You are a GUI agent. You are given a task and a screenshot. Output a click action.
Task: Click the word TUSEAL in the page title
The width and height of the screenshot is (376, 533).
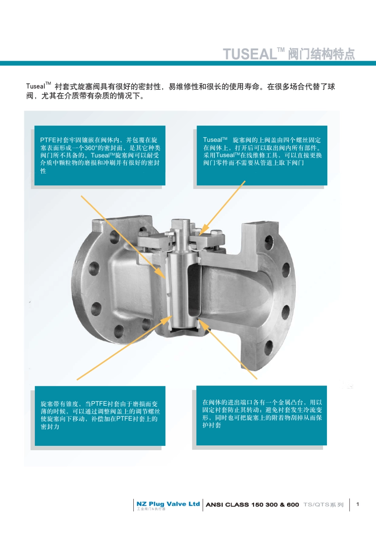pyautogui.click(x=250, y=54)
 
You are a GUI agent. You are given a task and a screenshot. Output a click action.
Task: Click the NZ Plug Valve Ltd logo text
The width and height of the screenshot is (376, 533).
pyautogui.click(x=168, y=504)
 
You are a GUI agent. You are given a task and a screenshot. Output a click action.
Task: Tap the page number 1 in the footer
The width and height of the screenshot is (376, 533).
pyautogui.click(x=357, y=504)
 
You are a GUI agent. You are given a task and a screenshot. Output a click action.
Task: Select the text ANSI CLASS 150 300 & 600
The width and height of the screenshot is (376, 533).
pyautogui.click(x=252, y=505)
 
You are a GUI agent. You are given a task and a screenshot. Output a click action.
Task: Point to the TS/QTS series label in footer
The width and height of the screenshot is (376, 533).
pyautogui.click(x=323, y=505)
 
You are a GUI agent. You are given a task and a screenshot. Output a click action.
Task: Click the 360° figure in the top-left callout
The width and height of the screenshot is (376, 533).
pyautogui.click(x=91, y=148)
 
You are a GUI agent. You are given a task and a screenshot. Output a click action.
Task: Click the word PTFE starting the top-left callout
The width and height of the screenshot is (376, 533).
pyautogui.click(x=48, y=140)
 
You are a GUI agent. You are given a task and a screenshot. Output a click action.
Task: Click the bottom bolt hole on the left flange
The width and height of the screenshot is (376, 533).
pyautogui.click(x=119, y=331)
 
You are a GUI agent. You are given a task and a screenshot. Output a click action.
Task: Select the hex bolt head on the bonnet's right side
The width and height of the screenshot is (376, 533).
pyautogui.click(x=216, y=233)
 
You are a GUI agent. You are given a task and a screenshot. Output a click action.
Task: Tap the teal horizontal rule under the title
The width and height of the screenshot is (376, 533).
pyautogui.click(x=188, y=63)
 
